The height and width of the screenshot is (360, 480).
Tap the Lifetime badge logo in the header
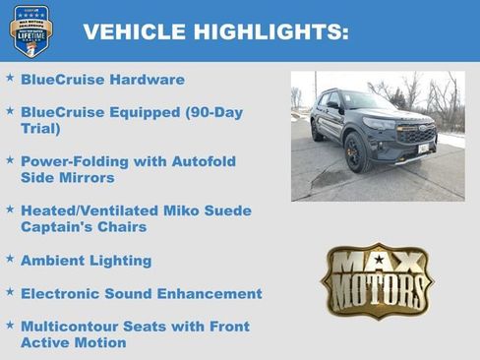point(30,30)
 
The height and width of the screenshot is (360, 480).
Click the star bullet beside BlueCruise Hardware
point(10,78)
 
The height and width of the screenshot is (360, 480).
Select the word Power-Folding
point(71,161)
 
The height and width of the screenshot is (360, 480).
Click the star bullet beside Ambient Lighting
point(10,260)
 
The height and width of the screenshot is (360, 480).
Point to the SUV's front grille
point(415,135)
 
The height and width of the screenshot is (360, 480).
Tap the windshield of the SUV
point(367,102)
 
